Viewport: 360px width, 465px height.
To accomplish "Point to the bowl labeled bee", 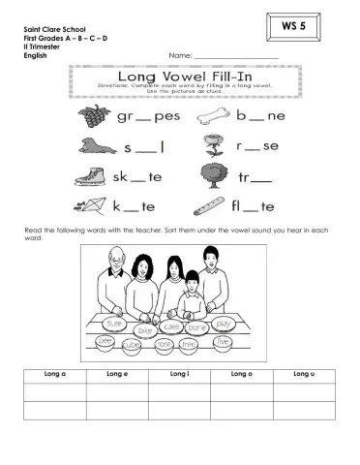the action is [x=105, y=341].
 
